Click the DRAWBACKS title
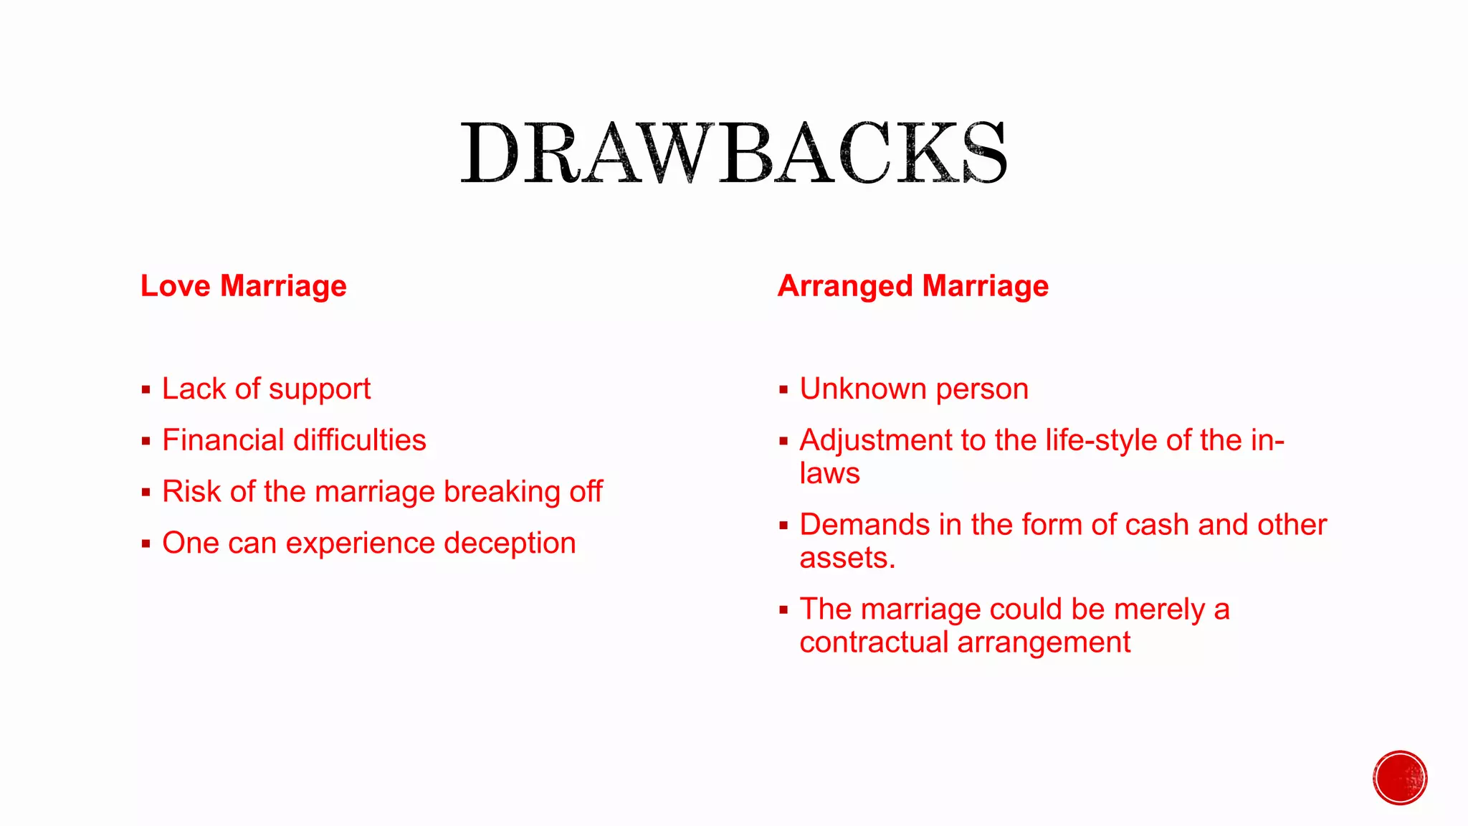pyautogui.click(x=733, y=153)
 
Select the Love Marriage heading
pyautogui.click(x=244, y=286)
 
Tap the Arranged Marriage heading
pyautogui.click(x=912, y=286)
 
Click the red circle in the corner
pyautogui.click(x=1400, y=778)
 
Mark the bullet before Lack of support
pyautogui.click(x=146, y=391)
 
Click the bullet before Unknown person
pyautogui.click(x=783, y=391)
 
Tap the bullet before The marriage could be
pyautogui.click(x=783, y=611)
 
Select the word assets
pyautogui.click(x=847, y=559)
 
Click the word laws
pyautogui.click(x=829, y=474)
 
